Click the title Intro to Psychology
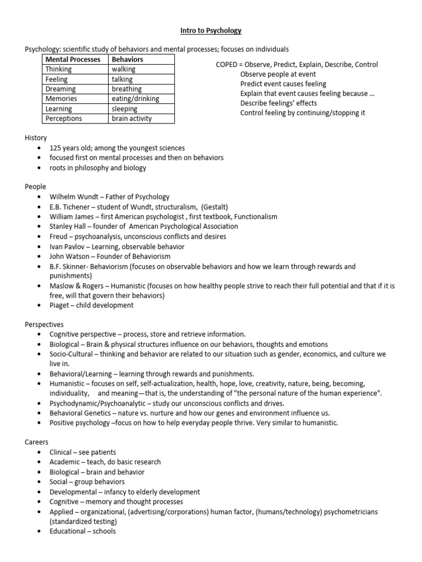(211, 30)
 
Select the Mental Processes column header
(73, 59)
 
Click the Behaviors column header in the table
(127, 59)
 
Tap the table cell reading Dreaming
(60, 89)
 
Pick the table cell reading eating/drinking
(135, 99)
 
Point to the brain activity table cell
(131, 119)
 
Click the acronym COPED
(227, 65)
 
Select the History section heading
(36, 138)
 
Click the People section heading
(36, 187)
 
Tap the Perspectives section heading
(45, 324)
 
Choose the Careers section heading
(37, 442)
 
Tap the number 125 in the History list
(55, 148)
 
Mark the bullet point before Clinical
(38, 452)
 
